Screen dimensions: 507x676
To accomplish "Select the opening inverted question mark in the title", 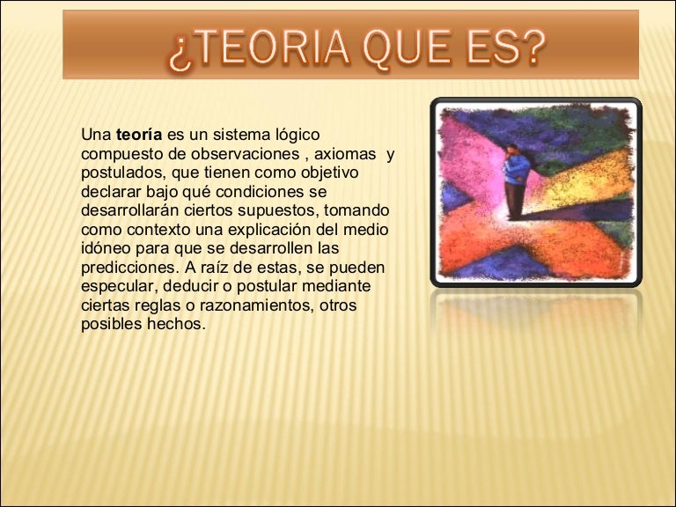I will click(178, 55).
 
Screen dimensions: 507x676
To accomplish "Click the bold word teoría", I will click(139, 136).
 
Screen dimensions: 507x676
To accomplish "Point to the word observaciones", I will click(246, 156).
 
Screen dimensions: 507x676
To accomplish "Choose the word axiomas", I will click(344, 156).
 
